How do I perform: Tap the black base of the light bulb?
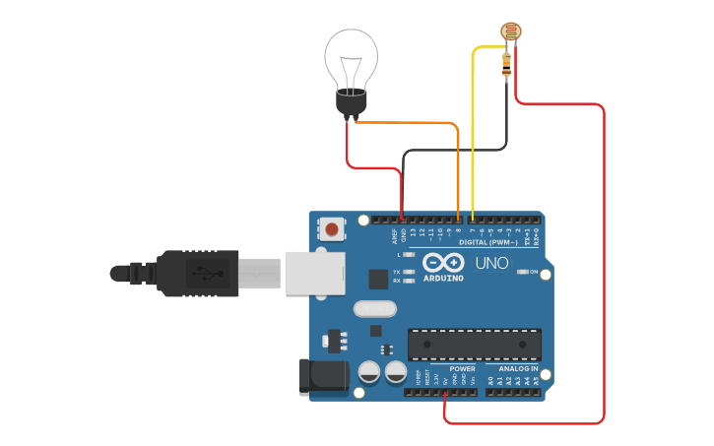(x=352, y=101)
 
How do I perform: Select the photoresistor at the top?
(x=510, y=33)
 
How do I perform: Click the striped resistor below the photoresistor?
(x=506, y=65)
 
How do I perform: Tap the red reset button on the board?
(x=332, y=229)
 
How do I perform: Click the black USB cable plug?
(x=197, y=273)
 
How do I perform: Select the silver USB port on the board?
(x=315, y=273)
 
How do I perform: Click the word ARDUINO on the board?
(x=443, y=278)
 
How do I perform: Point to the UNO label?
(x=491, y=264)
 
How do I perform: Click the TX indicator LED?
(x=410, y=271)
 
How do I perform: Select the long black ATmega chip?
(x=474, y=344)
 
